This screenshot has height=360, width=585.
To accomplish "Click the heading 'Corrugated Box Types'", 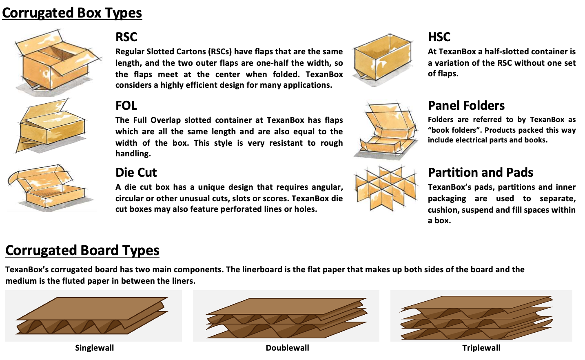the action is (x=72, y=13).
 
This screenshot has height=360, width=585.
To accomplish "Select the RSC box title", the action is (x=126, y=37).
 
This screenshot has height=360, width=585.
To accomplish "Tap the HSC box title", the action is (x=439, y=37).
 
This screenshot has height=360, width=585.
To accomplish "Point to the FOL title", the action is (x=126, y=106).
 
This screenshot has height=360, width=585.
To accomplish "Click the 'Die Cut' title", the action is (x=136, y=172).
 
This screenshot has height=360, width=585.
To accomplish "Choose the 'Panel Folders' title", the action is (x=466, y=106).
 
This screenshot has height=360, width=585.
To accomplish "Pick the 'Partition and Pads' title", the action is (x=481, y=172).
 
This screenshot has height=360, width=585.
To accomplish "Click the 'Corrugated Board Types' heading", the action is (x=82, y=250).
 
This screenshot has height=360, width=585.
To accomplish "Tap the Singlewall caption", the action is (x=94, y=348).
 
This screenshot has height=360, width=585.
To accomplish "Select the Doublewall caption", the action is (x=287, y=348).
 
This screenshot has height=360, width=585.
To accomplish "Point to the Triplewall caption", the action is (x=481, y=348).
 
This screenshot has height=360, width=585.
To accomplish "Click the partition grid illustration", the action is (x=386, y=188).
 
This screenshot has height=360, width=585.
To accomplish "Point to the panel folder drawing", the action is (x=386, y=130).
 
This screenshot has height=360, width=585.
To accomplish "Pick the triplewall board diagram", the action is (x=477, y=318).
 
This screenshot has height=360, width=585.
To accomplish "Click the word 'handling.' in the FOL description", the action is (x=133, y=153).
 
